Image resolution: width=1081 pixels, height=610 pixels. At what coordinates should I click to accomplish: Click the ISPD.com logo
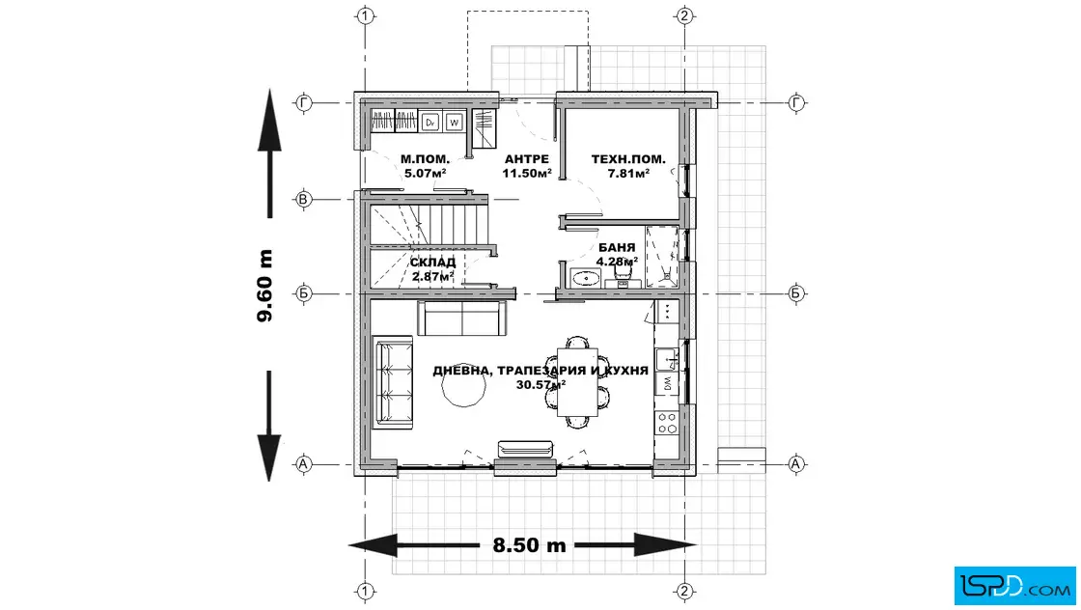(1014, 585)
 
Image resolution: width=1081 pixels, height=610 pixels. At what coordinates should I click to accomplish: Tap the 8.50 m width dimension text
(529, 545)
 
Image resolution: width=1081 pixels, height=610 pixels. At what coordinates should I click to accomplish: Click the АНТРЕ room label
(527, 159)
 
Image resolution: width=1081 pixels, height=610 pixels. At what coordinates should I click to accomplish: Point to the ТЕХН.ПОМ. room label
(628, 159)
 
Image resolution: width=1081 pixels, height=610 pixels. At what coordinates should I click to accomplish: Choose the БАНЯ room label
(617, 247)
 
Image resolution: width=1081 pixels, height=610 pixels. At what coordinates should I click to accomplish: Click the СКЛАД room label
(432, 263)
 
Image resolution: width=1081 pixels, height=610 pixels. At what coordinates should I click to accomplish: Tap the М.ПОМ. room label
(425, 159)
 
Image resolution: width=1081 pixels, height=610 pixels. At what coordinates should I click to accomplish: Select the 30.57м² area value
(540, 384)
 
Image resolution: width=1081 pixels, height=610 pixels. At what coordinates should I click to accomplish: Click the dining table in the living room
(577, 382)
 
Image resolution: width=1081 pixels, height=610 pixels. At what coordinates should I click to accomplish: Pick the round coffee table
(464, 388)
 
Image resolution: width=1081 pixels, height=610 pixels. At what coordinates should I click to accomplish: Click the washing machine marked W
(454, 122)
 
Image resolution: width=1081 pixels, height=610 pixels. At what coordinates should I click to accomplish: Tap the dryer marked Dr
(430, 122)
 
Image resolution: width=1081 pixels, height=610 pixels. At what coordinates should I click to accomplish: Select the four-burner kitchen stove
(667, 423)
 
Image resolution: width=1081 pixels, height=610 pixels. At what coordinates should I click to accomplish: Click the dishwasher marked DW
(667, 384)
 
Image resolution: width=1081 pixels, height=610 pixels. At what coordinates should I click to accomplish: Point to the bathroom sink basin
(586, 279)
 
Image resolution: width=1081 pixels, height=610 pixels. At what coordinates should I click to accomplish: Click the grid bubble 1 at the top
(366, 15)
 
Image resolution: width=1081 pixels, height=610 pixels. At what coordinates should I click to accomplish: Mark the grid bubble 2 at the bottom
(684, 591)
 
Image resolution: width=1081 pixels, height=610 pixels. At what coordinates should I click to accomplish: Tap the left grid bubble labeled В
(303, 199)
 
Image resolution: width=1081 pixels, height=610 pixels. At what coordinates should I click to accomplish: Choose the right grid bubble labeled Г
(797, 102)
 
